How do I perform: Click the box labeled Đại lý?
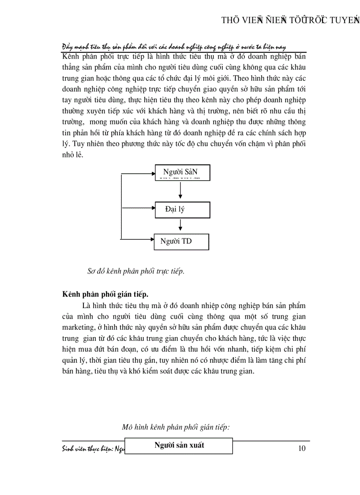coord(182,209)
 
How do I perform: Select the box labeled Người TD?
coord(181,242)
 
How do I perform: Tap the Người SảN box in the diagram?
coord(182,172)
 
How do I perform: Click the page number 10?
coord(302,449)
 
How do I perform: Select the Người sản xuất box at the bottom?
coord(179,445)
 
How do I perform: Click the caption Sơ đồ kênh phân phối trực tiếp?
coord(135,272)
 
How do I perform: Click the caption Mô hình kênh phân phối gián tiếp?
coord(176,427)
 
